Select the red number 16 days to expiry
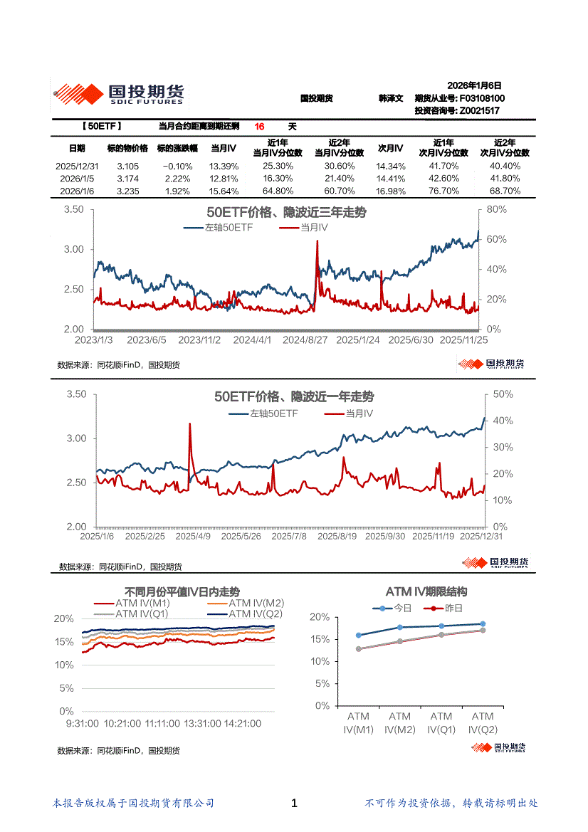[x=260, y=127]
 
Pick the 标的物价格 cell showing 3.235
[x=127, y=191]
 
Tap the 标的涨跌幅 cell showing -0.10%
[x=174, y=166]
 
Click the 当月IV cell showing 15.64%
[x=224, y=191]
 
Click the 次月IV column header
[x=389, y=148]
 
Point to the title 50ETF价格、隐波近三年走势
[x=286, y=212]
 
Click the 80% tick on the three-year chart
[x=496, y=209]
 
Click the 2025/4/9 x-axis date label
[x=194, y=537]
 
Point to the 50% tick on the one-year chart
[x=503, y=394]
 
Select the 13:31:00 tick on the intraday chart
[x=202, y=723]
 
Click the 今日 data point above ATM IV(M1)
[x=359, y=636]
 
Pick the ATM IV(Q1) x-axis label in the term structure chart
[x=441, y=722]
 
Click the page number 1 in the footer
[x=294, y=804]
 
